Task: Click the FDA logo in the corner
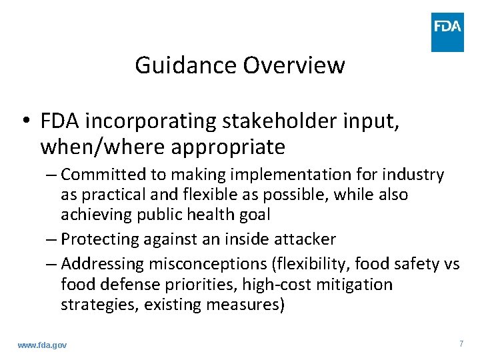(447, 31)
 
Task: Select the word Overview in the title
(294, 65)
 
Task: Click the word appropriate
(228, 147)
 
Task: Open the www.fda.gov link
(42, 345)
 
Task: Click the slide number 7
(461, 343)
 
